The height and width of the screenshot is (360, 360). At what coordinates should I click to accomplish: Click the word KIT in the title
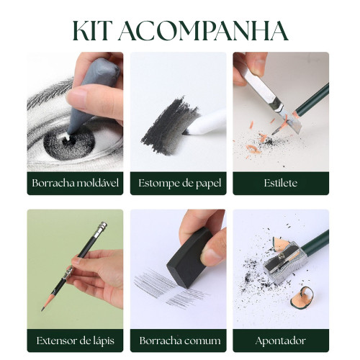pos(91,31)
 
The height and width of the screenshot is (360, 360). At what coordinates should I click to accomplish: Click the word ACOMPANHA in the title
pos(203,31)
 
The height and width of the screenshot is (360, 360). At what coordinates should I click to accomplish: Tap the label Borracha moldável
pos(76,183)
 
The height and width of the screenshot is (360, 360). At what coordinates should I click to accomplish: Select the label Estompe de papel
pos(179,184)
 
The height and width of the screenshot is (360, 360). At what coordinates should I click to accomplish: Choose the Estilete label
pos(281,183)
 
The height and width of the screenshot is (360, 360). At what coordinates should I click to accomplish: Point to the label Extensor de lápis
pos(76,341)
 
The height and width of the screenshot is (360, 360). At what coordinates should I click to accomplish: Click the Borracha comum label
pos(180,341)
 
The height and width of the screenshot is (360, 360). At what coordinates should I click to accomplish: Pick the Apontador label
pos(281,341)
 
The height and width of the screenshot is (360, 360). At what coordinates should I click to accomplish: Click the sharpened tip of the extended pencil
pos(43,309)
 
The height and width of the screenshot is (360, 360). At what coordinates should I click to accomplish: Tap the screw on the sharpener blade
pos(282,257)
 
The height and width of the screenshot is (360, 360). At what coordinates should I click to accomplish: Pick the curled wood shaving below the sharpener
pos(302,298)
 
